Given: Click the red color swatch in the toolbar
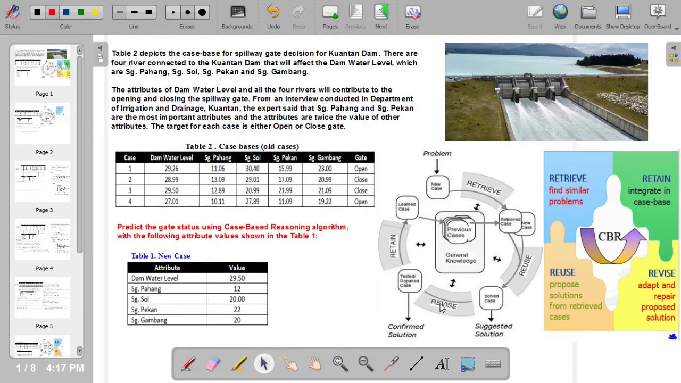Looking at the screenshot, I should [52, 12].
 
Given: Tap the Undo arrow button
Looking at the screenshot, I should [273, 12].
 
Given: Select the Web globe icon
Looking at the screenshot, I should [560, 12].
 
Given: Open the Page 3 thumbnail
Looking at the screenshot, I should [43, 181].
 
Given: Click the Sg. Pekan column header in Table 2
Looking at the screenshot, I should [285, 157].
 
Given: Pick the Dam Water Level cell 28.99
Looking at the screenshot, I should [171, 180].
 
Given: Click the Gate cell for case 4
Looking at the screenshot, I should [361, 202].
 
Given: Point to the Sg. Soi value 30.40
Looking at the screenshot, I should [252, 169].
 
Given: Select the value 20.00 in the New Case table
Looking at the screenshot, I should [237, 299].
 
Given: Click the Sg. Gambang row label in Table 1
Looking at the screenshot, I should [149, 320].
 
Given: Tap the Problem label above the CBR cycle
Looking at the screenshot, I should [437, 153].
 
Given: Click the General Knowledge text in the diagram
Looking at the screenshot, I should [460, 258].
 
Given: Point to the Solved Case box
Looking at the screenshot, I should [491, 298].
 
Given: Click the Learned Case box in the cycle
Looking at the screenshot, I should [407, 206].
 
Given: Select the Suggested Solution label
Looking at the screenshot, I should [493, 330].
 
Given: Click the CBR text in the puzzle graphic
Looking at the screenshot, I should [610, 237].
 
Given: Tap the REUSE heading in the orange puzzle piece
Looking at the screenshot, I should [562, 272].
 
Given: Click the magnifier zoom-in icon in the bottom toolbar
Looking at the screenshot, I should [339, 363].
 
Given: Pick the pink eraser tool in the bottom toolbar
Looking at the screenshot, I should [213, 364].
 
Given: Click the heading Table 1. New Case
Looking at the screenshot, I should [161, 256].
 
